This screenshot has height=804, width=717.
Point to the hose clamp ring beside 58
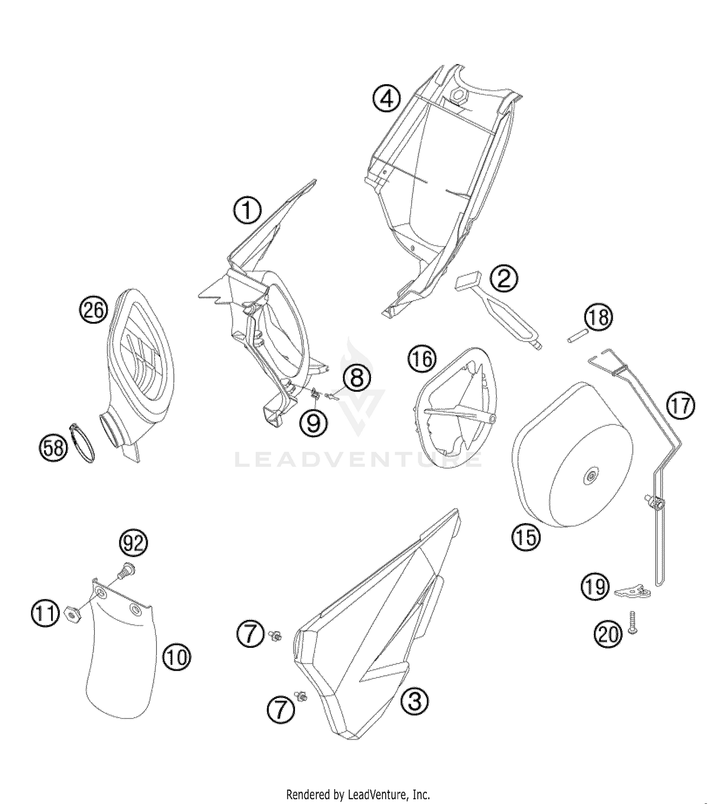pyautogui.click(x=83, y=442)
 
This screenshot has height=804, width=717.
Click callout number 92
pyautogui.click(x=133, y=543)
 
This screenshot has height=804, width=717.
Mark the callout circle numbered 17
pyautogui.click(x=681, y=406)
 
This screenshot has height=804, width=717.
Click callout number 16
pyautogui.click(x=423, y=359)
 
